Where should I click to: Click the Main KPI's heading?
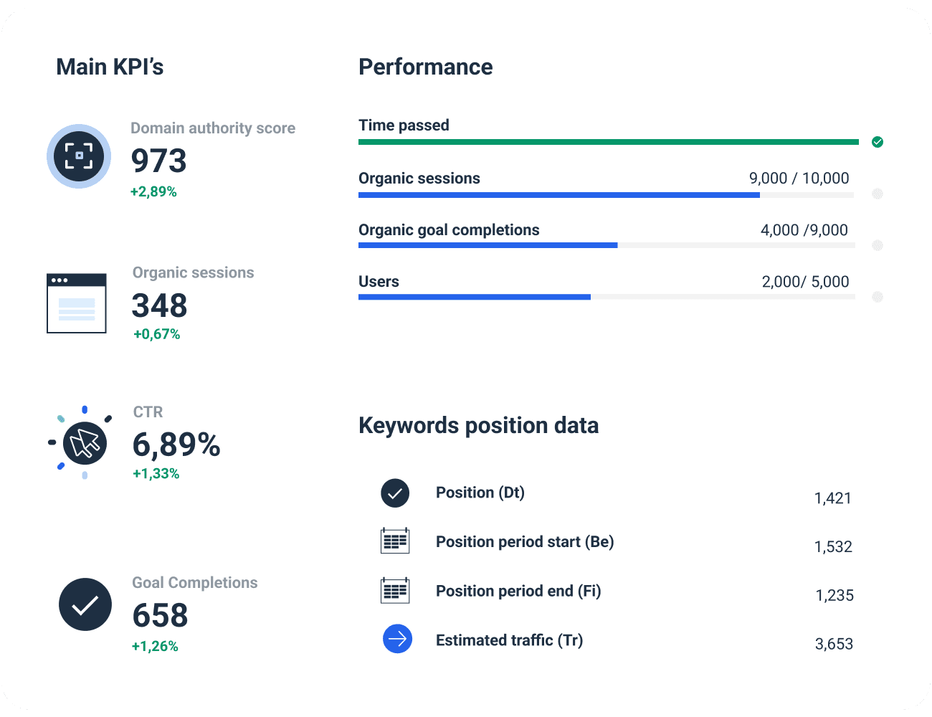110,67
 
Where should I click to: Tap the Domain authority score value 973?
158,161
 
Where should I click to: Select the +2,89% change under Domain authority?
153,191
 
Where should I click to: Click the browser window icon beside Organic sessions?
77,303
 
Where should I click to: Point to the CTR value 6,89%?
176,445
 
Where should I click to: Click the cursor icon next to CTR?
85,442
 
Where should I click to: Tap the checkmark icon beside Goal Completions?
85,604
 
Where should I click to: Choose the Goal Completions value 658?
160,615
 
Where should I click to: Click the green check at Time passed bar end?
878,142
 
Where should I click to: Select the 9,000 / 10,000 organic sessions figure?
799,179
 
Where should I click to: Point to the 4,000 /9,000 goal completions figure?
804,230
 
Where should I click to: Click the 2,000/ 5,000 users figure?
805,282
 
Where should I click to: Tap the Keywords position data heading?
478,425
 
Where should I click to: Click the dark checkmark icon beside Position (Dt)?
395,493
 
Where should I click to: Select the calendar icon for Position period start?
395,541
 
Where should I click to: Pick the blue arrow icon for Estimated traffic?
397,639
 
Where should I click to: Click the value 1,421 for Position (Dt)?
832,498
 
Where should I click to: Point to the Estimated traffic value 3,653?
834,644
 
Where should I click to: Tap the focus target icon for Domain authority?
79,156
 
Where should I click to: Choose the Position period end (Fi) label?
518,591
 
